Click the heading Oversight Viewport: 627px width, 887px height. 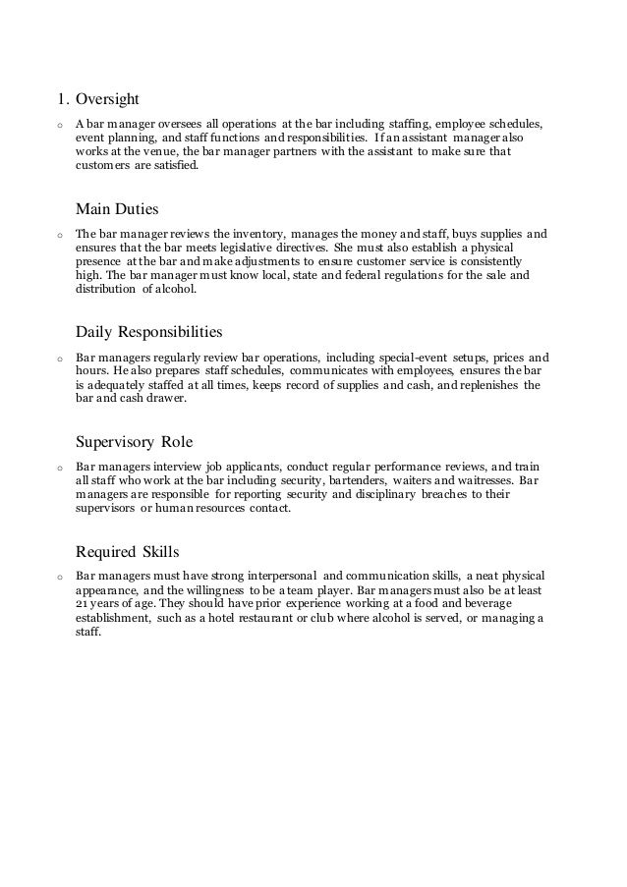108,98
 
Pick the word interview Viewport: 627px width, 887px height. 175,468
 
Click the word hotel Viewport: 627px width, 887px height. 249,619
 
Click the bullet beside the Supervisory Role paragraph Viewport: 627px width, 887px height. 60,469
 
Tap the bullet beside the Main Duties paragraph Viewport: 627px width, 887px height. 60,237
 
